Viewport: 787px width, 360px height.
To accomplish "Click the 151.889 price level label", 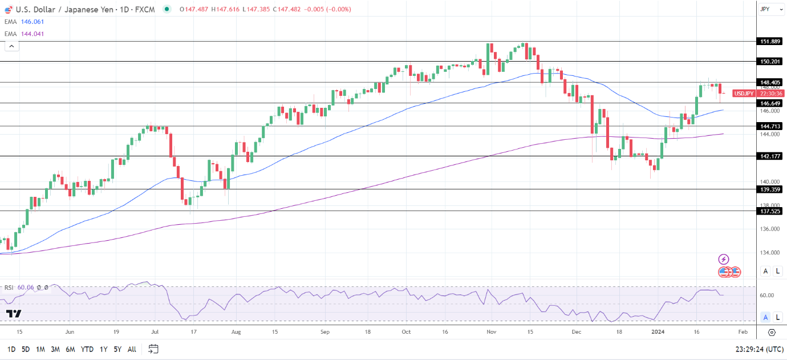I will pyautogui.click(x=770, y=42).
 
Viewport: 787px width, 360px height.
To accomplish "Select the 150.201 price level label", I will pyautogui.click(x=770, y=61).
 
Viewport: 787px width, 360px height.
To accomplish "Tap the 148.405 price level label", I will pyautogui.click(x=770, y=82).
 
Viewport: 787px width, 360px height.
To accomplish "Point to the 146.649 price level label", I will pyautogui.click(x=770, y=103).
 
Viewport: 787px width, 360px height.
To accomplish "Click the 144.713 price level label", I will pyautogui.click(x=770, y=126).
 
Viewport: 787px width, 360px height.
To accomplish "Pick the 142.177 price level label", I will pyautogui.click(x=770, y=156).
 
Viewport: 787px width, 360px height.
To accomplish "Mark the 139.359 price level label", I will pyautogui.click(x=770, y=189).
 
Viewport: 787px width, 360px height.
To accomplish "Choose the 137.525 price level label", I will pyautogui.click(x=770, y=211).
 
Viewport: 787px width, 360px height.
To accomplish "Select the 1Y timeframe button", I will pyautogui.click(x=103, y=349).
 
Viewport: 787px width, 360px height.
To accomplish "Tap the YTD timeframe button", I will pyautogui.click(x=87, y=349).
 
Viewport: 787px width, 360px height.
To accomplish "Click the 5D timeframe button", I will pyautogui.click(x=26, y=349).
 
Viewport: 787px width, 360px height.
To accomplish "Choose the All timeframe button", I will pyautogui.click(x=132, y=349).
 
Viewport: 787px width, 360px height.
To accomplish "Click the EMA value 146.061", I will pyautogui.click(x=33, y=22).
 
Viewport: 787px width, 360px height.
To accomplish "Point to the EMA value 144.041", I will pyautogui.click(x=33, y=34).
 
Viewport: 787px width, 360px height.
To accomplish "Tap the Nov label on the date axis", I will pyautogui.click(x=490, y=331).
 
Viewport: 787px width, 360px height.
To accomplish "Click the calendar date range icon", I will pyautogui.click(x=153, y=349).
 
